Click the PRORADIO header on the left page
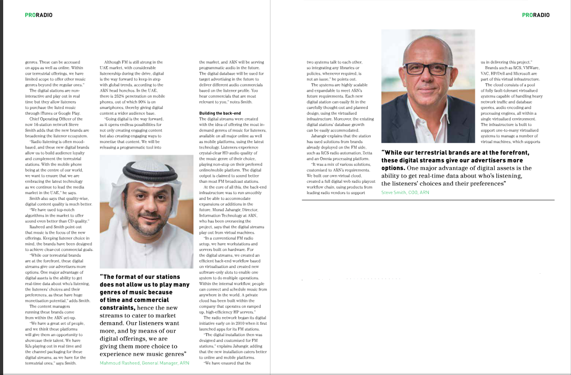pos(39,15)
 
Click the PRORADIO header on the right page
pos(536,15)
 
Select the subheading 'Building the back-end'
pos(220,113)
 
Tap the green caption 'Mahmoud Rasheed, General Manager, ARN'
pos(144,363)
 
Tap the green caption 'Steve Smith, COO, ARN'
pos(405,192)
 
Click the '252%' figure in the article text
pos(119,96)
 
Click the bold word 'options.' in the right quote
pos(393,168)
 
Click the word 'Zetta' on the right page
pos(367,153)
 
